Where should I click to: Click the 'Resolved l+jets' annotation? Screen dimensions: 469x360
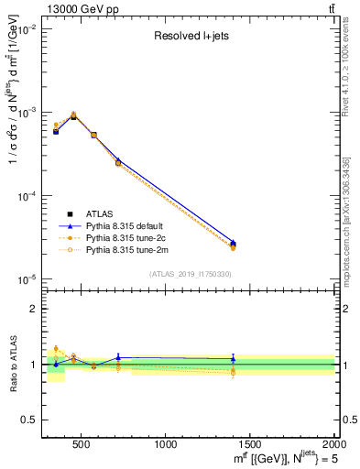tap(191, 37)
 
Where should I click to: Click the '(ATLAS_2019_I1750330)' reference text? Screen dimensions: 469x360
tap(191, 273)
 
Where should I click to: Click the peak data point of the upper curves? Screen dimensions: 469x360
tap(73, 116)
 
